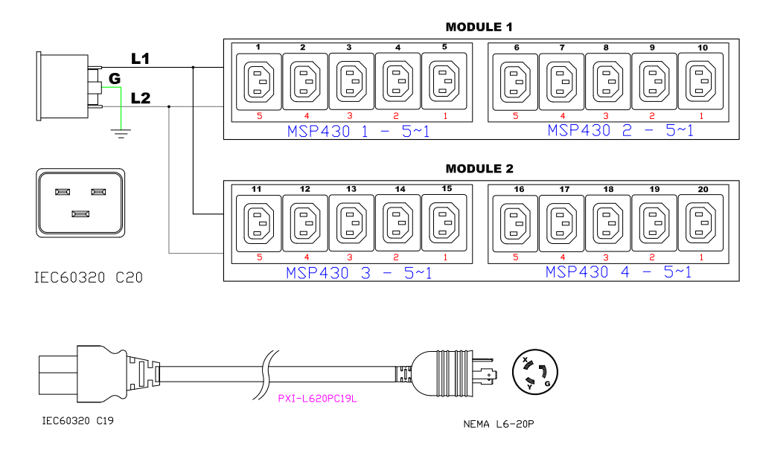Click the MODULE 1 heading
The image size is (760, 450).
click(479, 28)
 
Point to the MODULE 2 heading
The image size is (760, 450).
click(479, 169)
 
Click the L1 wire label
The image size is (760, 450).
click(140, 58)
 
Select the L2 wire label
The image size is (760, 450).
click(140, 97)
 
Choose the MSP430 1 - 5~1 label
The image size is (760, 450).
click(358, 132)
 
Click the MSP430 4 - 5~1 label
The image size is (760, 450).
click(618, 272)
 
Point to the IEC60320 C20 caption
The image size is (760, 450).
click(89, 278)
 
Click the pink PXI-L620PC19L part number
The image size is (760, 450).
click(318, 399)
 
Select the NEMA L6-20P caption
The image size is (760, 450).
click(499, 425)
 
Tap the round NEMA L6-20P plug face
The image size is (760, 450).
click(535, 373)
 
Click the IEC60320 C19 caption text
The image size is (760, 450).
click(77, 420)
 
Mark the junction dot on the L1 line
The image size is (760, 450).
click(193, 67)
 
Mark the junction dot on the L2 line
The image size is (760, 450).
click(170, 106)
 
